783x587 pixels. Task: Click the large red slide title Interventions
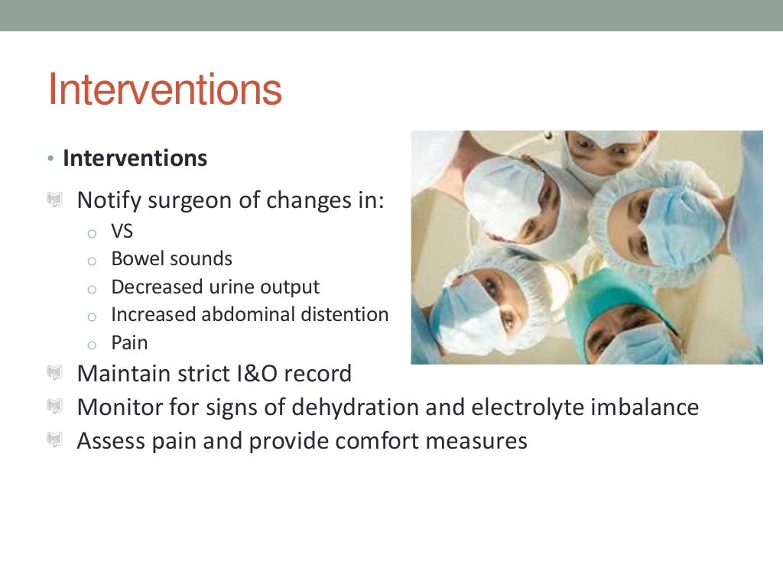164,90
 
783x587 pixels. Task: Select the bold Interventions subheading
135,158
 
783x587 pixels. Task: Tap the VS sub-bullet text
122,231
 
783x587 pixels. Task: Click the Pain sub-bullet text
129,342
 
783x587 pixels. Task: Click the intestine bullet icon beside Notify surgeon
54,201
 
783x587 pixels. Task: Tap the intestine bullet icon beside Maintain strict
54,374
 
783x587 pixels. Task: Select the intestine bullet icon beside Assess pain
54,441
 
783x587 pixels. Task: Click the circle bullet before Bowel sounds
92,261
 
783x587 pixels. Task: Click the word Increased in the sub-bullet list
155,314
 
